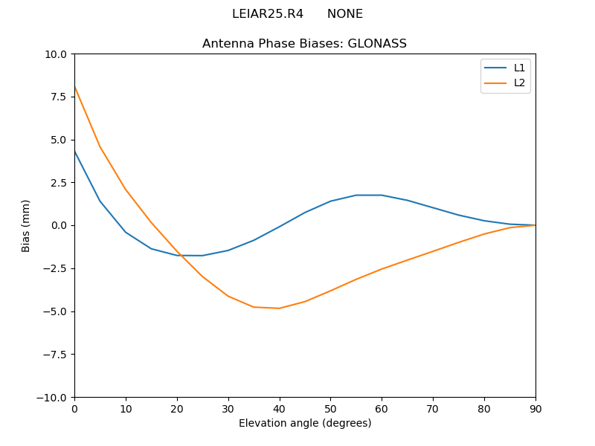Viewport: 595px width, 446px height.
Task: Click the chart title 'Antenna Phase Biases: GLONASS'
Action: pyautogui.click(x=304, y=44)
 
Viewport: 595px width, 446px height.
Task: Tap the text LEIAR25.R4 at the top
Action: pyautogui.click(x=268, y=14)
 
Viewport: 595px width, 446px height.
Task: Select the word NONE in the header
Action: pyautogui.click(x=345, y=14)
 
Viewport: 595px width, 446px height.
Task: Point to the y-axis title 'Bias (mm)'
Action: pyautogui.click(x=26, y=225)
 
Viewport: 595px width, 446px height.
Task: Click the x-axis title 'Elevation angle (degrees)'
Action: pyautogui.click(x=305, y=424)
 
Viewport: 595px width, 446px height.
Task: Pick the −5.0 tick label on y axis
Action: pyautogui.click(x=55, y=311)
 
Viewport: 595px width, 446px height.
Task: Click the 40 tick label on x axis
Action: pyautogui.click(x=280, y=408)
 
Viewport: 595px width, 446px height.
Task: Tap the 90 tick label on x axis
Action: pyautogui.click(x=535, y=408)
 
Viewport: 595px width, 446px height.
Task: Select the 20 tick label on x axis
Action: pyautogui.click(x=177, y=408)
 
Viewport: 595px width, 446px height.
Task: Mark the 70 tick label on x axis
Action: pyautogui.click(x=433, y=408)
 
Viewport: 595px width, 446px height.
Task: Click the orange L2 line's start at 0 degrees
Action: pyautogui.click(x=74, y=86)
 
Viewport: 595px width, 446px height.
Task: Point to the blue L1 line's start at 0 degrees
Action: pyautogui.click(x=74, y=151)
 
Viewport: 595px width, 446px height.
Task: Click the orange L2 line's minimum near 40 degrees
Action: pyautogui.click(x=280, y=308)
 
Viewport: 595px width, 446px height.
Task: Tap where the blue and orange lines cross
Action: pyautogui.click(x=179, y=256)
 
